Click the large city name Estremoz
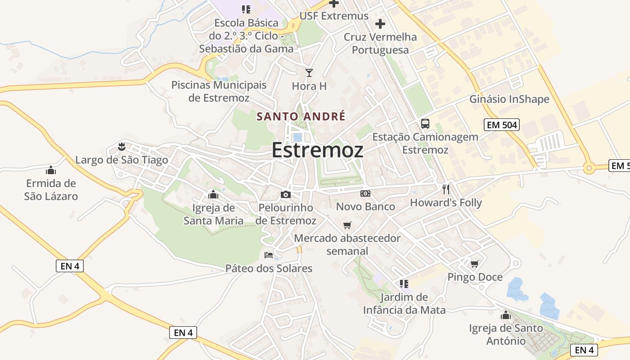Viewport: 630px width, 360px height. (x=317, y=150)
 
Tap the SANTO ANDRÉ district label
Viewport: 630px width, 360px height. (x=301, y=117)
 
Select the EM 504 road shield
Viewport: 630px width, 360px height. (x=502, y=125)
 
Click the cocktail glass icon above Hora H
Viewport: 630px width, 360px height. (x=309, y=73)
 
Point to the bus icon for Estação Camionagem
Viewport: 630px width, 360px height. (x=425, y=124)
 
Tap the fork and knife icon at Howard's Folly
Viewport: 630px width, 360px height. (x=445, y=189)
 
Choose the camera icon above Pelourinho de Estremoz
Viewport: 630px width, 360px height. (x=285, y=194)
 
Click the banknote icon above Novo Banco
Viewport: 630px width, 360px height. (x=365, y=193)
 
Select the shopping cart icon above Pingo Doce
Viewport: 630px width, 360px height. (x=474, y=264)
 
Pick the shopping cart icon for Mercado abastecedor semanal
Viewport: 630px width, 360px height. (x=347, y=225)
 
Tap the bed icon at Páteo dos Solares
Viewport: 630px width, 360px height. (x=269, y=255)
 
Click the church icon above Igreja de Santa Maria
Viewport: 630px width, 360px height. (x=213, y=194)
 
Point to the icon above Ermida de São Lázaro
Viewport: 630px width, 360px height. (x=51, y=170)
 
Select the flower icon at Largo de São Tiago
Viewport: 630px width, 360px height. (x=121, y=146)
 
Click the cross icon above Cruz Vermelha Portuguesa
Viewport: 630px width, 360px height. (x=380, y=23)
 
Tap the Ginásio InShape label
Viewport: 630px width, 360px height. (x=509, y=99)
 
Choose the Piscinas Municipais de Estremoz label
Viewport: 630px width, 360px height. (x=219, y=91)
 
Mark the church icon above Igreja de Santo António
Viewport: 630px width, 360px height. (x=506, y=315)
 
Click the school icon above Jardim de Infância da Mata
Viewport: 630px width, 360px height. (x=404, y=283)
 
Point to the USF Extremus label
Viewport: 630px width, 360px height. (x=334, y=16)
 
